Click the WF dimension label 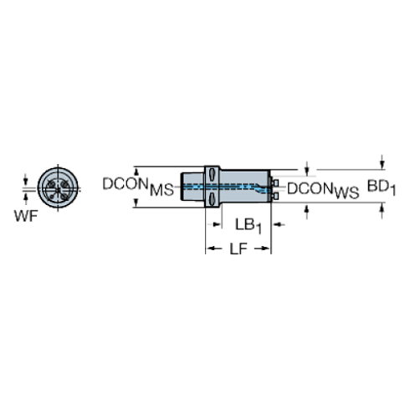tap(26, 216)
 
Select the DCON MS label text tap(138, 187)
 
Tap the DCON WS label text tap(323, 190)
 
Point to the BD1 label tap(382, 187)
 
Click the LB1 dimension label tap(249, 226)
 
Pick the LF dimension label tap(238, 249)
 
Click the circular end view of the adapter tap(58, 187)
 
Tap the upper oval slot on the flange tap(213, 176)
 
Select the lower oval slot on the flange tap(213, 198)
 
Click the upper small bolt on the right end tap(275, 183)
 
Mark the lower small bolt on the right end tap(275, 196)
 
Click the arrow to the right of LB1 tap(279, 224)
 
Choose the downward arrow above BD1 tap(382, 162)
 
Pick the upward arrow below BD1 tap(382, 210)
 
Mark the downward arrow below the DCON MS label tap(136, 202)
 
